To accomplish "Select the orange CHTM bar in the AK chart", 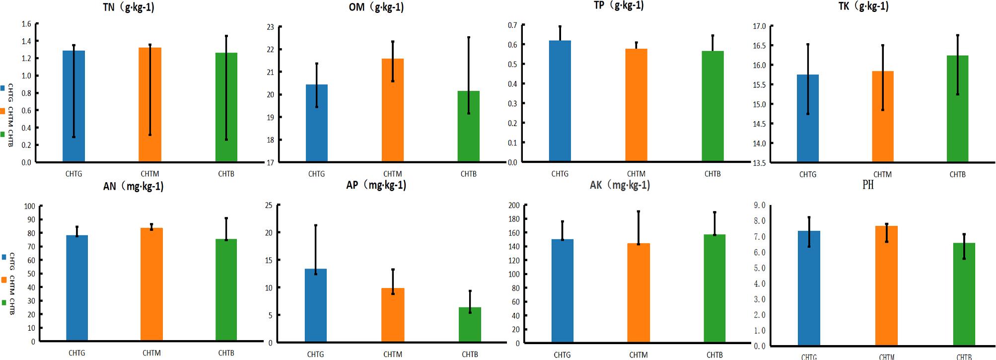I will (x=639, y=292).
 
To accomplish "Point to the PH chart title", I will (x=867, y=185).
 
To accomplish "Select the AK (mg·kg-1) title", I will (x=620, y=185).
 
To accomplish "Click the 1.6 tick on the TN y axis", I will (x=26, y=24).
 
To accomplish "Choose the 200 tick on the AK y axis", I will (x=514, y=205).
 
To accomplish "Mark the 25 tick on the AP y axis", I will (x=269, y=205).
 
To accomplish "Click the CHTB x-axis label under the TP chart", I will (x=712, y=174).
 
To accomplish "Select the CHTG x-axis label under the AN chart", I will (x=76, y=353).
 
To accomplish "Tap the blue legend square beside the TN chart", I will (x=3, y=88).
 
